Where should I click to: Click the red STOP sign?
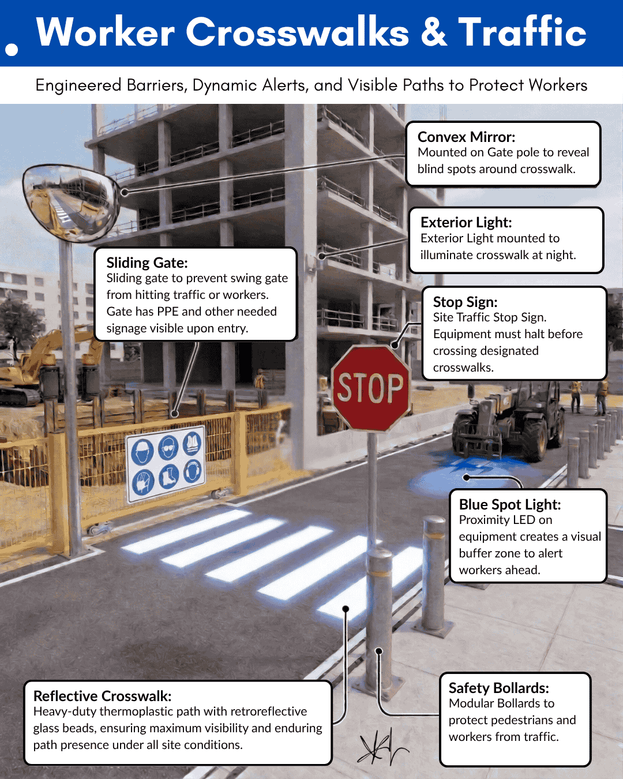(370, 388)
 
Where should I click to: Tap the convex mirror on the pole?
(71, 202)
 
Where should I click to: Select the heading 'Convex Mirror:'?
(466, 137)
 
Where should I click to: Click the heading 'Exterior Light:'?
(466, 222)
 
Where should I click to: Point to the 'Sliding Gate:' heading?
(147, 263)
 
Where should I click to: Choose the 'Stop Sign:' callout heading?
(465, 302)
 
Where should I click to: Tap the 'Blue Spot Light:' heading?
(510, 504)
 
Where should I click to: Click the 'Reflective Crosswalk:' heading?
(102, 696)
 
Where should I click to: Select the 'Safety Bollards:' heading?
(499, 688)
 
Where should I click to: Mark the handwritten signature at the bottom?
(381, 747)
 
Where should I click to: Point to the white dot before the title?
(12, 50)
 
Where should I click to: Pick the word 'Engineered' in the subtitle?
(78, 85)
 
